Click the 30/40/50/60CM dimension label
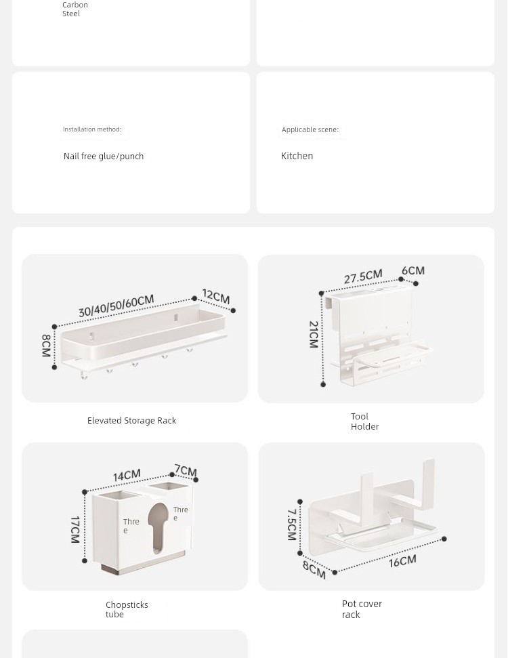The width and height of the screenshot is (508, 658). (x=117, y=306)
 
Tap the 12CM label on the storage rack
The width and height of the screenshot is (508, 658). (x=216, y=296)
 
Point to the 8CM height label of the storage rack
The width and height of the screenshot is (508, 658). (x=46, y=346)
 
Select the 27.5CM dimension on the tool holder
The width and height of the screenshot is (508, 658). (x=363, y=276)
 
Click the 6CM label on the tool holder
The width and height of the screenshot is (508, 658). (x=413, y=270)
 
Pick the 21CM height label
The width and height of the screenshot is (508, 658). (x=314, y=335)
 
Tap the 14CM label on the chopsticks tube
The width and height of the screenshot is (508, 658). (x=127, y=476)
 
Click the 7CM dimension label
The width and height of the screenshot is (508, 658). (x=186, y=470)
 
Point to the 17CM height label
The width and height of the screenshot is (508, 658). (x=75, y=530)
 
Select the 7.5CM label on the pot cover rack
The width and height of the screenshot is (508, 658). (x=292, y=525)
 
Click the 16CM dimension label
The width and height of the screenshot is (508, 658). (x=402, y=561)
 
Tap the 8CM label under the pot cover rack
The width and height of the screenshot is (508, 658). (x=314, y=570)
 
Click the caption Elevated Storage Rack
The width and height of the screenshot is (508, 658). (x=131, y=420)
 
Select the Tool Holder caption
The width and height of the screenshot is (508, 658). (x=364, y=421)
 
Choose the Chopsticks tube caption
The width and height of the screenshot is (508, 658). (x=127, y=609)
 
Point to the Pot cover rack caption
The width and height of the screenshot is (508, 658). (x=362, y=609)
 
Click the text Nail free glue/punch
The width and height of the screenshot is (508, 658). (x=104, y=156)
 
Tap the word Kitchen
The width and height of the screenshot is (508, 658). (x=297, y=156)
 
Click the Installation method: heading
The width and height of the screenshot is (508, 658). (x=92, y=129)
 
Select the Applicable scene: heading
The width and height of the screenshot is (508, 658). (x=310, y=129)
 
